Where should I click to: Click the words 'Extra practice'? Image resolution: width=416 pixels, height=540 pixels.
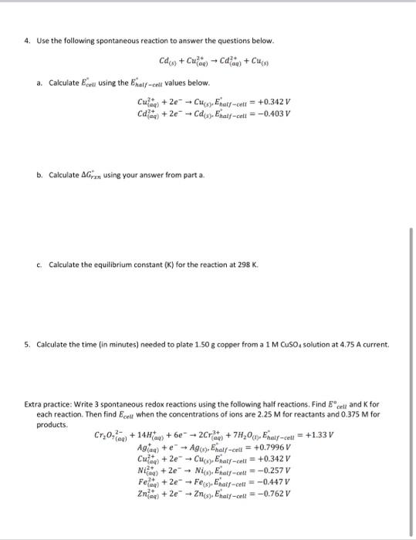pos(48,403)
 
